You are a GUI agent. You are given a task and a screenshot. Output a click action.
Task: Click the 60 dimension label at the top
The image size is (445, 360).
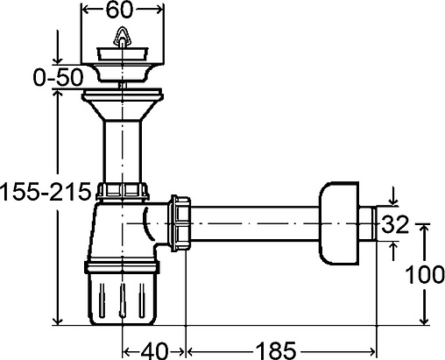point(119,11)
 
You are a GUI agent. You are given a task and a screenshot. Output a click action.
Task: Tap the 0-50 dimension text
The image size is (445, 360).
point(58,78)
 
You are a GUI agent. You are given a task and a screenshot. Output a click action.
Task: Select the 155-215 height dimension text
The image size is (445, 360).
point(46,192)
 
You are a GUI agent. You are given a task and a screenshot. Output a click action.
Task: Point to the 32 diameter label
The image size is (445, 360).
point(395,224)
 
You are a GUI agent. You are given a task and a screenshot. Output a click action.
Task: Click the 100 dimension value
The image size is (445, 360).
point(425,275)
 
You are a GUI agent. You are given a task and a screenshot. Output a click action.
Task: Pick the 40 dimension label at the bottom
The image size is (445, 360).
point(154,350)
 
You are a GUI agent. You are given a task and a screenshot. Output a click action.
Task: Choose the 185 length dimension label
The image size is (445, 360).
point(276,350)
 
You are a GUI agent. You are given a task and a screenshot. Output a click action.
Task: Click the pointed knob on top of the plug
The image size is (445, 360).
point(122,37)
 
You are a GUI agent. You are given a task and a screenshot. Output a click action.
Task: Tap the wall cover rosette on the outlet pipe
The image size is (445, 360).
point(339,223)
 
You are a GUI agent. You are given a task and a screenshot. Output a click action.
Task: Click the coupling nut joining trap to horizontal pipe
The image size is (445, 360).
point(180,223)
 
